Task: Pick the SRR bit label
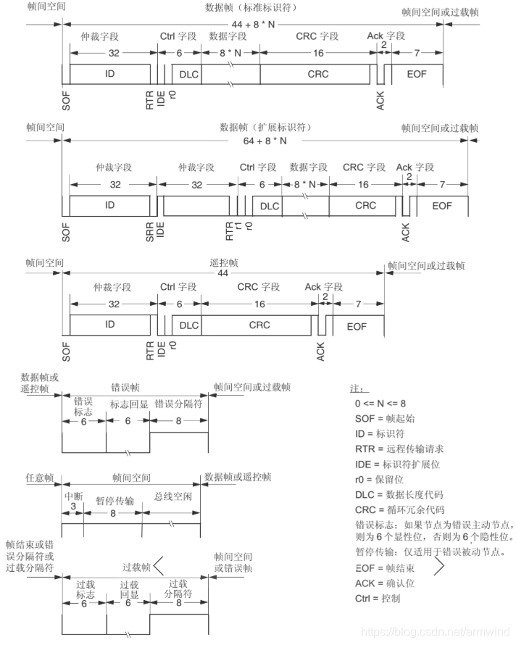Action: tap(150, 230)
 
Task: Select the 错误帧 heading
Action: tap(125, 388)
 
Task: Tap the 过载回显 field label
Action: tap(129, 588)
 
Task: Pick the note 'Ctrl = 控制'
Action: tap(378, 598)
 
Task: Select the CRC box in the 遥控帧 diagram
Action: tap(259, 325)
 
